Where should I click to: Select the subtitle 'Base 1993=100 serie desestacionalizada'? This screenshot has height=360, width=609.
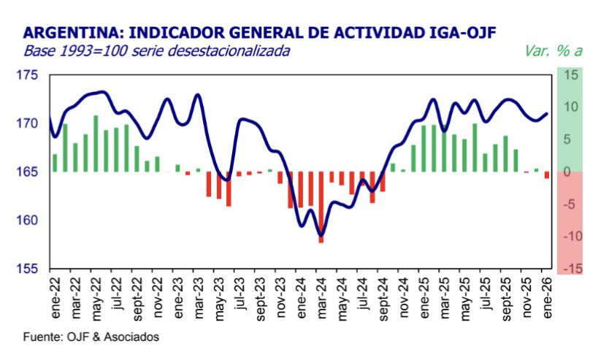click(x=157, y=51)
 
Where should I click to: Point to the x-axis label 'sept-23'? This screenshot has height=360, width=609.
click(x=260, y=301)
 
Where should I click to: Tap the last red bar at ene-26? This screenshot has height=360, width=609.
click(x=547, y=175)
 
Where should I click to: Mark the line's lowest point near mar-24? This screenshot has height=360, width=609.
click(x=321, y=235)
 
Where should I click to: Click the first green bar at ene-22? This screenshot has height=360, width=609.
click(x=55, y=163)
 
